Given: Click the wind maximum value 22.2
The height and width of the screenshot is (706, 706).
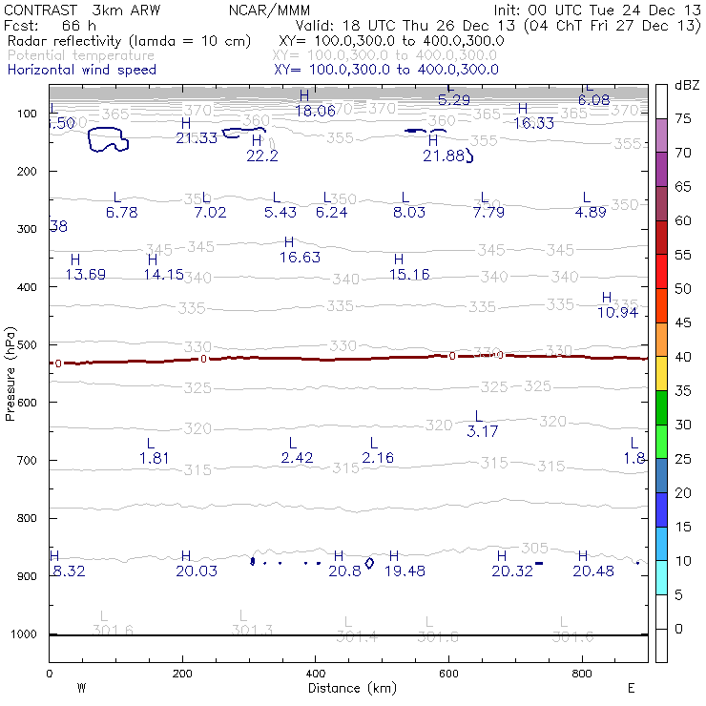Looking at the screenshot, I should click(x=262, y=156).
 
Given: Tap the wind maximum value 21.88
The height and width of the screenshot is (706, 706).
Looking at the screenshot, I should click(x=444, y=156).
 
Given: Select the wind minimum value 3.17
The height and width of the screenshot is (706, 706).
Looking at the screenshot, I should click(x=483, y=431).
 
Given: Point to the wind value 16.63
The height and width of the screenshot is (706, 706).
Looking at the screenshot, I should click(x=300, y=258).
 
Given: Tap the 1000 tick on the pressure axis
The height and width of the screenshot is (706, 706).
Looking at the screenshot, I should click(x=27, y=634).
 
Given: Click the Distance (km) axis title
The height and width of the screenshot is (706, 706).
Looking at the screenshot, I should click(x=347, y=688).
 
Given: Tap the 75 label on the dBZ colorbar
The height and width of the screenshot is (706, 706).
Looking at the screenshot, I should click(x=683, y=118).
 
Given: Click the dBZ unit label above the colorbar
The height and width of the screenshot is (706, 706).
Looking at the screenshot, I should click(x=687, y=85).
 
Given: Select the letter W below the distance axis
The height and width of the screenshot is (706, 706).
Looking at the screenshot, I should click(x=81, y=688).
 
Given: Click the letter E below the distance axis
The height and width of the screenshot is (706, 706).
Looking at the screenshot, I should click(x=631, y=688).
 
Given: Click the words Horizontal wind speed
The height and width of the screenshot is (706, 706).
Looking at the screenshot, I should click(x=81, y=70).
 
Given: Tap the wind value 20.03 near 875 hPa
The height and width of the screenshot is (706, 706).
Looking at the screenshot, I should click(x=197, y=571).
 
